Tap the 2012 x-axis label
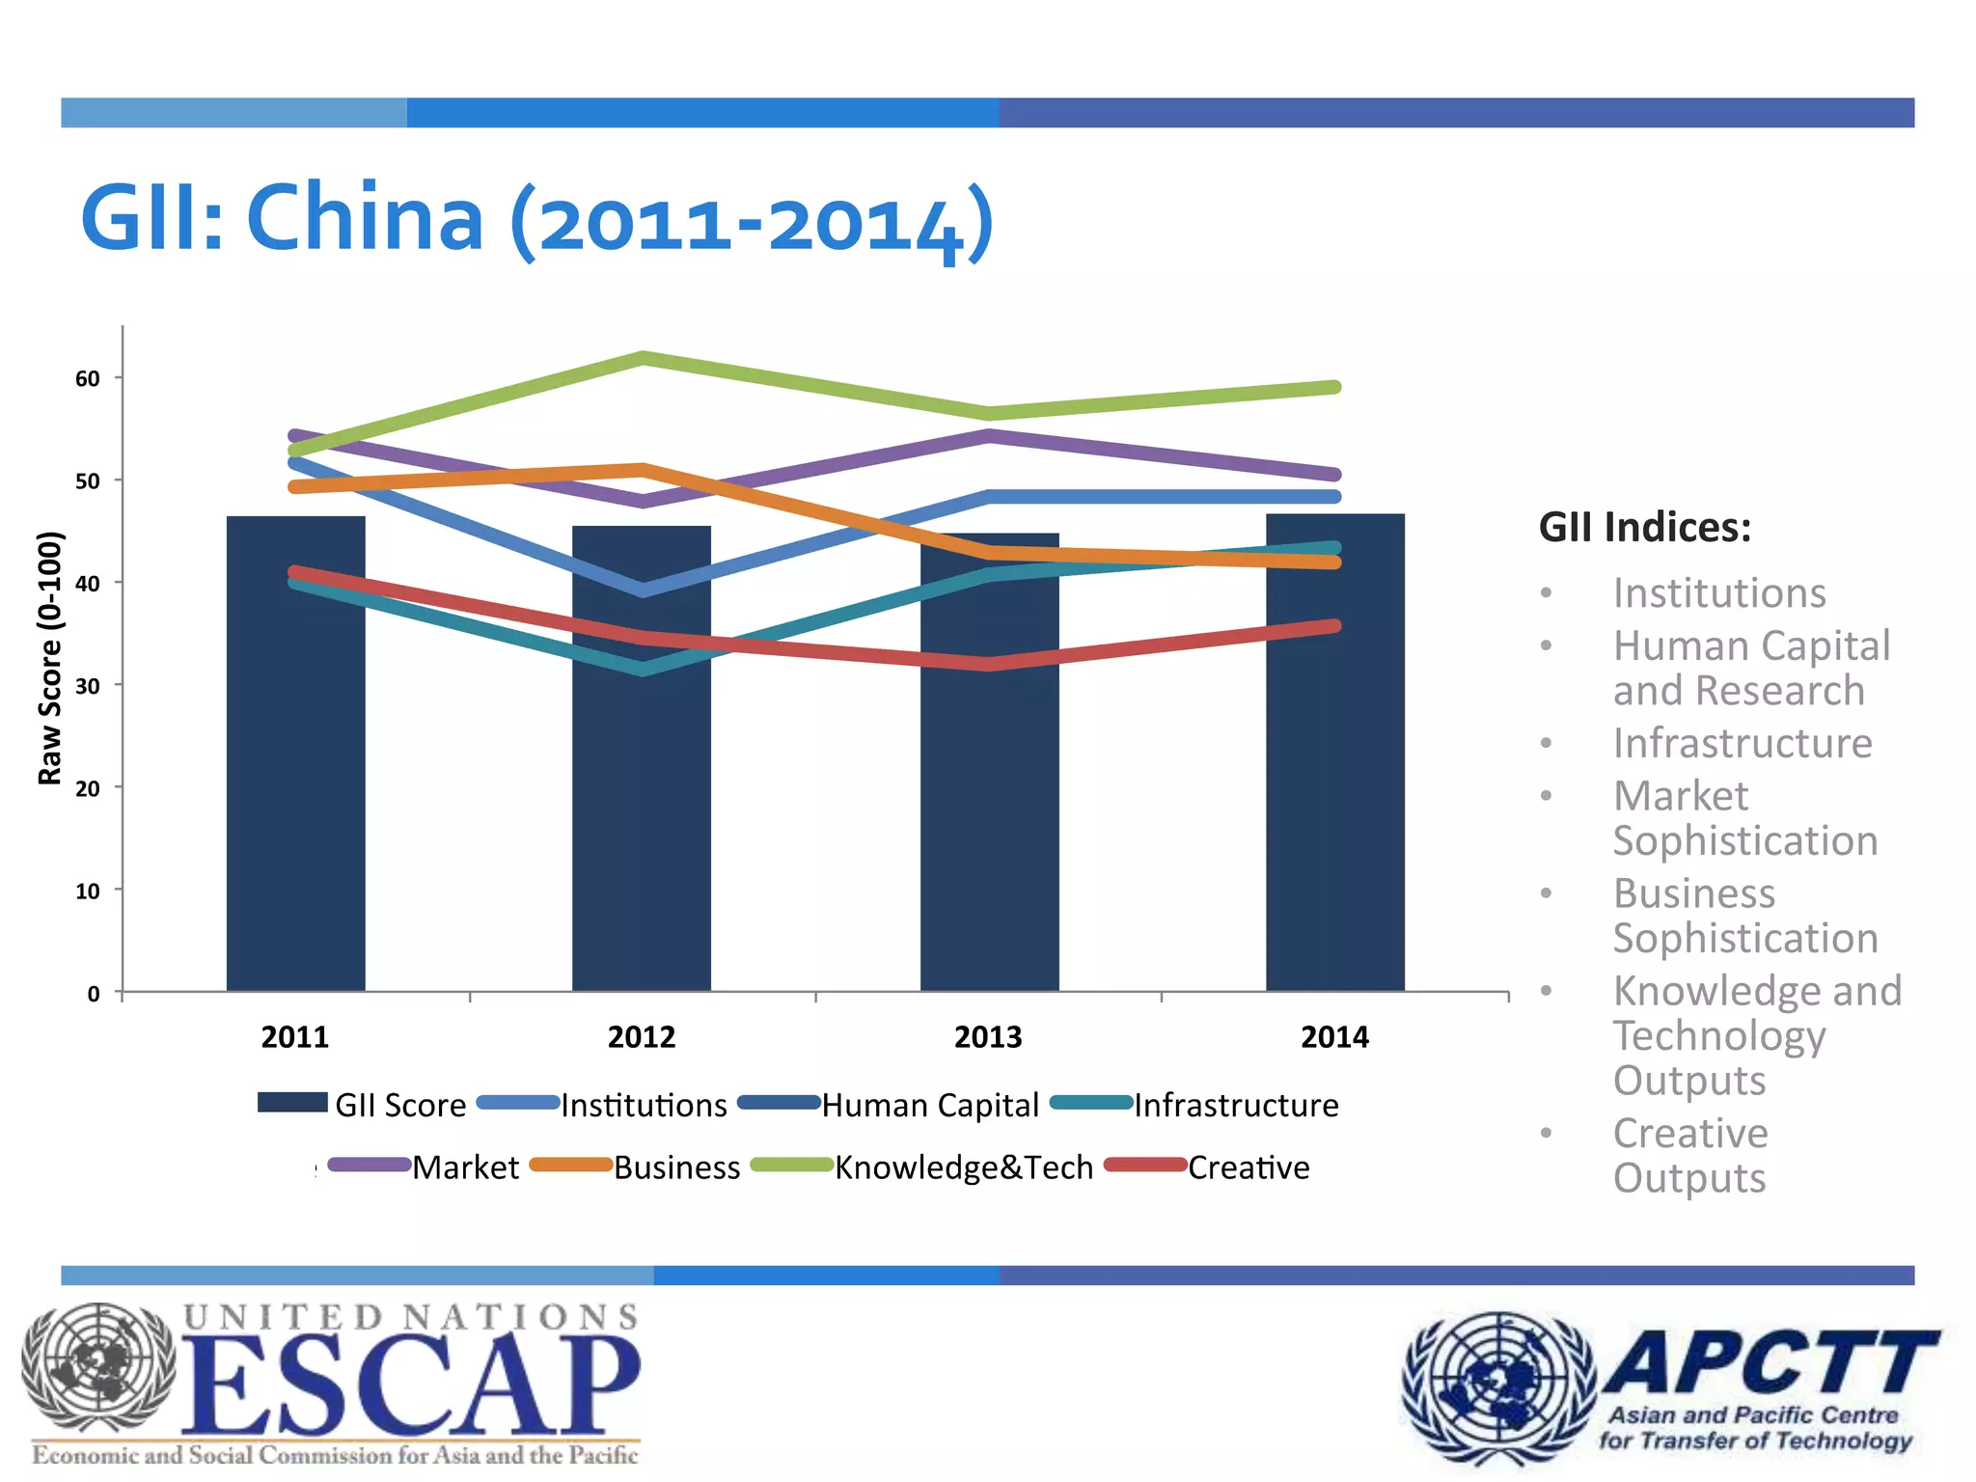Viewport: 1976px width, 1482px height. point(642,1037)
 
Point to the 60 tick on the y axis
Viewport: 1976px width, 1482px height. point(88,379)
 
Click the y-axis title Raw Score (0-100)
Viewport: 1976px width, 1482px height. point(50,658)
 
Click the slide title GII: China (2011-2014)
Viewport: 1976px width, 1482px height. point(536,219)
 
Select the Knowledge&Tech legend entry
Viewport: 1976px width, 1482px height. point(963,1167)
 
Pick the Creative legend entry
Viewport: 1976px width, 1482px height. point(1248,1167)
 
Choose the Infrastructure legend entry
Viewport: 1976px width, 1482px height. point(1235,1105)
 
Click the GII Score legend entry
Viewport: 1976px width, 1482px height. point(399,1105)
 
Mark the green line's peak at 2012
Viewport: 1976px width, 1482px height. point(644,358)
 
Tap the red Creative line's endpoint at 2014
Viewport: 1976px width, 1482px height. point(1334,626)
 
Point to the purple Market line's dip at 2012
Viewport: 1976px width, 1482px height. point(644,500)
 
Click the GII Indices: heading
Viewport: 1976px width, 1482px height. point(1644,528)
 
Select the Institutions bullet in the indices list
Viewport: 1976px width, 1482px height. point(1719,592)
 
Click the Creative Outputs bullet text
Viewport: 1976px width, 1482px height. point(1690,1155)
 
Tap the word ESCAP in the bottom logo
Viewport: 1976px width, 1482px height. point(410,1386)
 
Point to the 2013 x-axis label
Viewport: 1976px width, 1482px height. point(988,1037)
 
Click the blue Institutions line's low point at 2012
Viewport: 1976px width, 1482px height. point(644,590)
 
